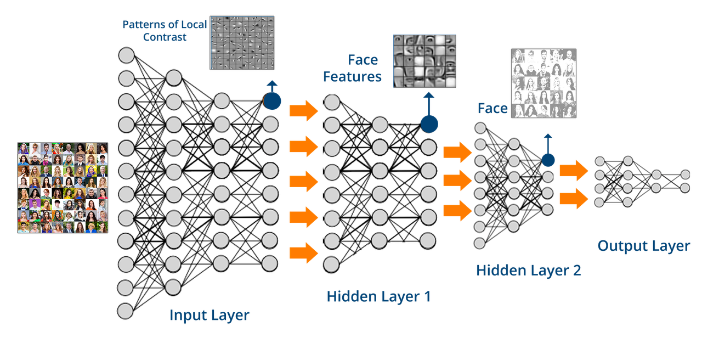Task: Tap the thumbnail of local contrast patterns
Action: click(242, 42)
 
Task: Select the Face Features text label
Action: click(352, 68)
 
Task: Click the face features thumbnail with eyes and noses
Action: click(424, 60)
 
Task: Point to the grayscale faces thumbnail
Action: click(544, 83)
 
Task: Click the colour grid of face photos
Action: click(63, 188)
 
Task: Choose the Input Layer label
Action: click(210, 316)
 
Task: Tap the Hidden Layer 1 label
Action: click(379, 297)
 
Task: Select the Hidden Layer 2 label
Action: click(528, 270)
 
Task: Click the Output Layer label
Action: click(643, 246)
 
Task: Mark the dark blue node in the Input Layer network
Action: click(271, 101)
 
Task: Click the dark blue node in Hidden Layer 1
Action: click(429, 124)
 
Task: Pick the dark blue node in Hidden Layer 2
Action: click(547, 160)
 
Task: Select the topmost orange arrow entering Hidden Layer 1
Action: click(304, 111)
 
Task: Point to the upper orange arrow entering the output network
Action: click(574, 171)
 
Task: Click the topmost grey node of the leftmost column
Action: click(126, 55)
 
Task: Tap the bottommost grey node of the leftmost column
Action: click(126, 311)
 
